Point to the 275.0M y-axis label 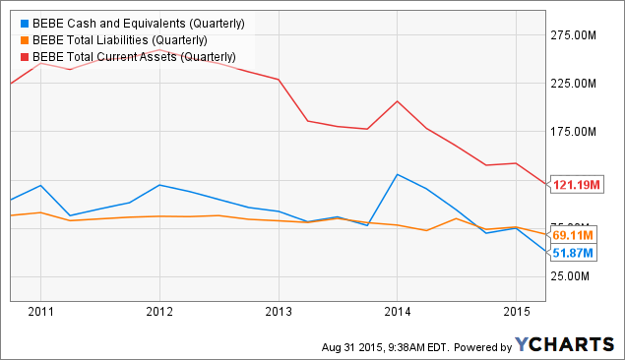[x=576, y=35]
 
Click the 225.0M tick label [x=576, y=84]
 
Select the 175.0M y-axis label [x=576, y=132]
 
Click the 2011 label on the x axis [x=40, y=313]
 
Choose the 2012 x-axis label [x=159, y=313]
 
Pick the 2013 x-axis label [x=279, y=313]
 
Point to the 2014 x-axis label [x=397, y=313]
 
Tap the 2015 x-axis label [x=516, y=313]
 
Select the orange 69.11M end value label [x=572, y=235]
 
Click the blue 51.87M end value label [x=572, y=253]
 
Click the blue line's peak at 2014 [x=397, y=175]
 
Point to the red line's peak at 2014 [x=397, y=101]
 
